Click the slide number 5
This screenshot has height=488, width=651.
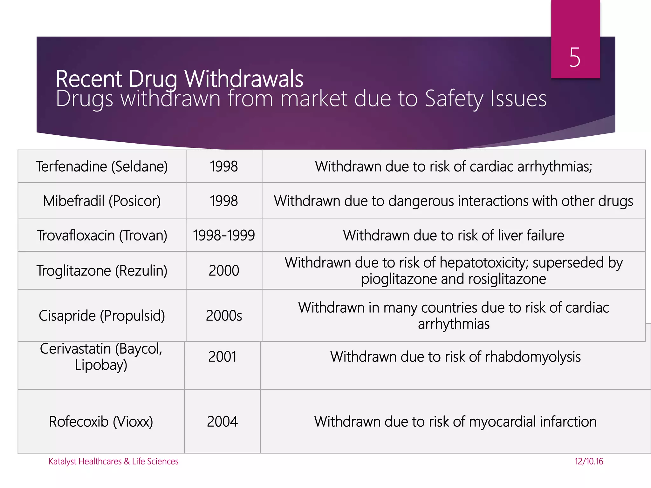[x=575, y=58]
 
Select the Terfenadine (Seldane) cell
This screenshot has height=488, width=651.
[x=102, y=166]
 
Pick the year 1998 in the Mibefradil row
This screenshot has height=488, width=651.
[x=224, y=201]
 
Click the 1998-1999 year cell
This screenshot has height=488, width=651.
[x=224, y=235]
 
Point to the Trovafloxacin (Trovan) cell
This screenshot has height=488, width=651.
[x=102, y=235]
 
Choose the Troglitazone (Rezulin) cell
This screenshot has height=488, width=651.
[x=102, y=271]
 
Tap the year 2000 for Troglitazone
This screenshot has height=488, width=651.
[x=224, y=271]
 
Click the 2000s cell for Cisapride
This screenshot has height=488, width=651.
[x=224, y=315]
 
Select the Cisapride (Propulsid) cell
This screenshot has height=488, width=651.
[x=102, y=315]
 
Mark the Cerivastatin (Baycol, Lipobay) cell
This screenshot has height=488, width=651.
[x=101, y=357]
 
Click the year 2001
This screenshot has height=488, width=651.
[x=222, y=357]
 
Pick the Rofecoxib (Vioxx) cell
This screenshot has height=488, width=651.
[x=101, y=422]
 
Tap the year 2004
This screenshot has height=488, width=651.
[x=222, y=422]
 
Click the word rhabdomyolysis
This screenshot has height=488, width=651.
[x=533, y=357]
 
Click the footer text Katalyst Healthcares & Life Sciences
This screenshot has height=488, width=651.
[x=113, y=461]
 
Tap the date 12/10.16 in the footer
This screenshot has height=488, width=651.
[x=589, y=461]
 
